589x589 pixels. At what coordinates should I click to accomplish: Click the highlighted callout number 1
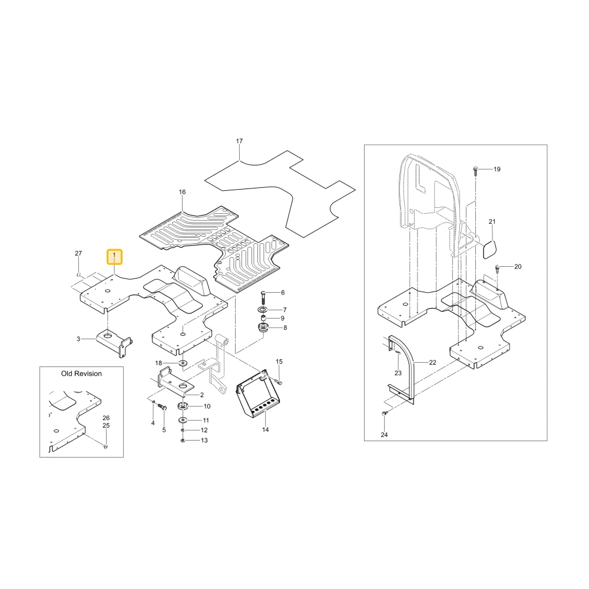(115, 257)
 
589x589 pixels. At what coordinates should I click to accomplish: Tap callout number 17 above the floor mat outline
(239, 141)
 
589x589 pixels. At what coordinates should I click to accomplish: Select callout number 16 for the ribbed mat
(182, 193)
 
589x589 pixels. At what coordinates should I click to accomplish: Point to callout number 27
(78, 253)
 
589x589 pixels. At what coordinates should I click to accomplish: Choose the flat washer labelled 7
(262, 310)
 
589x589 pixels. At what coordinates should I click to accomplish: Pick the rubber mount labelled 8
(263, 327)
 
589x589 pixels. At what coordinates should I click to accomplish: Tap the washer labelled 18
(184, 363)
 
